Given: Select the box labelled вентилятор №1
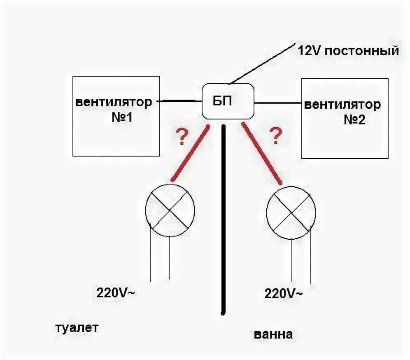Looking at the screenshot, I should [116, 116].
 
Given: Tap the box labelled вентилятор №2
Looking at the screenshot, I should [345, 119].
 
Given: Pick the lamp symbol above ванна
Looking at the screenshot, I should [291, 213].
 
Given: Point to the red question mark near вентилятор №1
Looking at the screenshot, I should [180, 137].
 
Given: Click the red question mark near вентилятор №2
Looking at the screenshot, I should [275, 135].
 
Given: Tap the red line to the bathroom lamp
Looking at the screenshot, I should [262, 153].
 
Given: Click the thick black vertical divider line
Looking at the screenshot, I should [223, 218].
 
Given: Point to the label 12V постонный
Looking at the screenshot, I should [348, 51].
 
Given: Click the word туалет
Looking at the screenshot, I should [77, 328].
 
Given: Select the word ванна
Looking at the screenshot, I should [273, 334].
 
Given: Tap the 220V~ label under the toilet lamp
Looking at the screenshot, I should [115, 293].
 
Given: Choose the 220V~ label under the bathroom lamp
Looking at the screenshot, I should [284, 294].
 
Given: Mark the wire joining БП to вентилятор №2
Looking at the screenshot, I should [278, 103].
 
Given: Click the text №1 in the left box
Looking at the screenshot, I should [121, 118].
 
